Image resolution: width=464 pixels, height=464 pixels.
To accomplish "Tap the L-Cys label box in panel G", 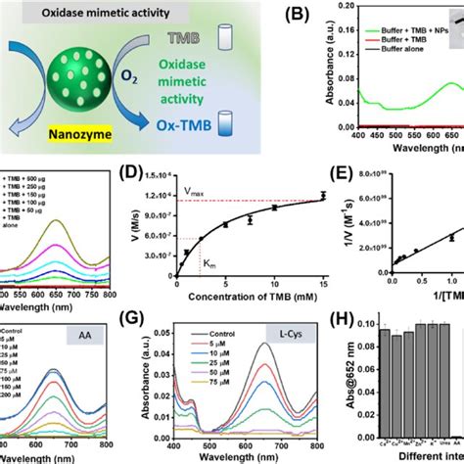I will pos(288,348).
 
